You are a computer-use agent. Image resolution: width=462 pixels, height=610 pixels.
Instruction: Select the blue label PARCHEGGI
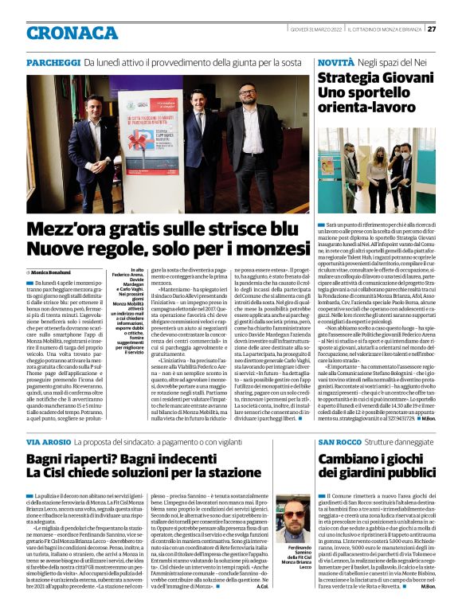(x=53, y=62)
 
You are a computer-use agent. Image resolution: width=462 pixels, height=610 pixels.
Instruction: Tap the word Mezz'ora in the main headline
(x=76, y=229)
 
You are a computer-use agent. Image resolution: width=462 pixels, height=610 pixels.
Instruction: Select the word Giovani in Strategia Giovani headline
(x=406, y=79)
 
